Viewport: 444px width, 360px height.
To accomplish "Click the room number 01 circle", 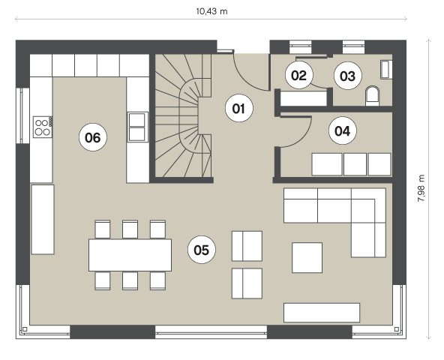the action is (x=239, y=108).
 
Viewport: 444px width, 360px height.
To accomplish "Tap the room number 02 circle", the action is (x=299, y=75).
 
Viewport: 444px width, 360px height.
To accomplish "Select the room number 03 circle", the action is (x=347, y=76).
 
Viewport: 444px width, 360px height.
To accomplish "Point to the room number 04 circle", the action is (x=343, y=130).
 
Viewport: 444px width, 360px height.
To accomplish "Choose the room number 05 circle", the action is (x=202, y=250).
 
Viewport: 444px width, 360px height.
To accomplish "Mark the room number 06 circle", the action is (x=93, y=137).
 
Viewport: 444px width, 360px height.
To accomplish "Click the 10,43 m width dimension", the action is (x=211, y=11).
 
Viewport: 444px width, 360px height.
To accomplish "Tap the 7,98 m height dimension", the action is (x=421, y=188).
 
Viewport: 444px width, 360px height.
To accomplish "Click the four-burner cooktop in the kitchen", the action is (x=43, y=127).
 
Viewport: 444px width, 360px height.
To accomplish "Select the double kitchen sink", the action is (x=137, y=127).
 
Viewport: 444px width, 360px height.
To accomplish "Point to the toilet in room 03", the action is (x=372, y=96).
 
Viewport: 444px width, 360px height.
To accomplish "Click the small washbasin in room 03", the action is (x=386, y=69).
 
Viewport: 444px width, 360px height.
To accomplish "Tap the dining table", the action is (x=130, y=255).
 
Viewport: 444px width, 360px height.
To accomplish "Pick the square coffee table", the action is (x=307, y=257).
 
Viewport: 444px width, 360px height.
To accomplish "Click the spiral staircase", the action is (x=184, y=115).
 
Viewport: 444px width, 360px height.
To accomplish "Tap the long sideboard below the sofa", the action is (x=322, y=313).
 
